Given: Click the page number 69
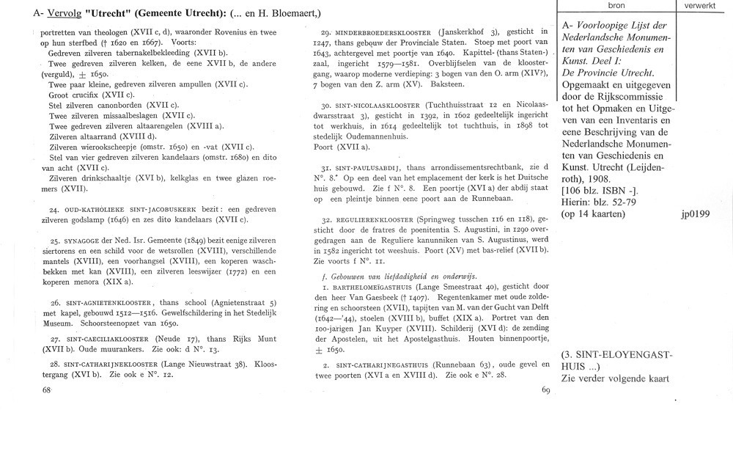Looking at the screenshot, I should (x=545, y=390).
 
